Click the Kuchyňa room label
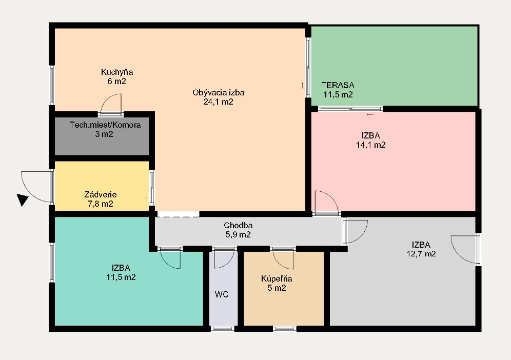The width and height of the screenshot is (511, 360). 116,72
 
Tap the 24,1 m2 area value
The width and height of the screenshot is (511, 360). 219,102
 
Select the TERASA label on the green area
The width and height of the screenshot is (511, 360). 338,85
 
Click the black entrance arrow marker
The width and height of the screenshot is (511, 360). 22,199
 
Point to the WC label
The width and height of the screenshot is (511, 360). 222,294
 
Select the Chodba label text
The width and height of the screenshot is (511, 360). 238,225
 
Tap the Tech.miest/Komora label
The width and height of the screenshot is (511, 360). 105,125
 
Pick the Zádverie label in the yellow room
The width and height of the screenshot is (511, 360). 101,194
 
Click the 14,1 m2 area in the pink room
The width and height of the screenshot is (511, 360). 371,145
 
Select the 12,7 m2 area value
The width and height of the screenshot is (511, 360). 421,254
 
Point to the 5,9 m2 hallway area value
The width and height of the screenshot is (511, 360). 238,234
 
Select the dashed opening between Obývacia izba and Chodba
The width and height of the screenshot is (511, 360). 178,214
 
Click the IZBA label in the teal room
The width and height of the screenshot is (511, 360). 121,268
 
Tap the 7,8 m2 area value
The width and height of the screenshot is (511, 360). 101,204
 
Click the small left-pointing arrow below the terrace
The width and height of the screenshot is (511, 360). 370,115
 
